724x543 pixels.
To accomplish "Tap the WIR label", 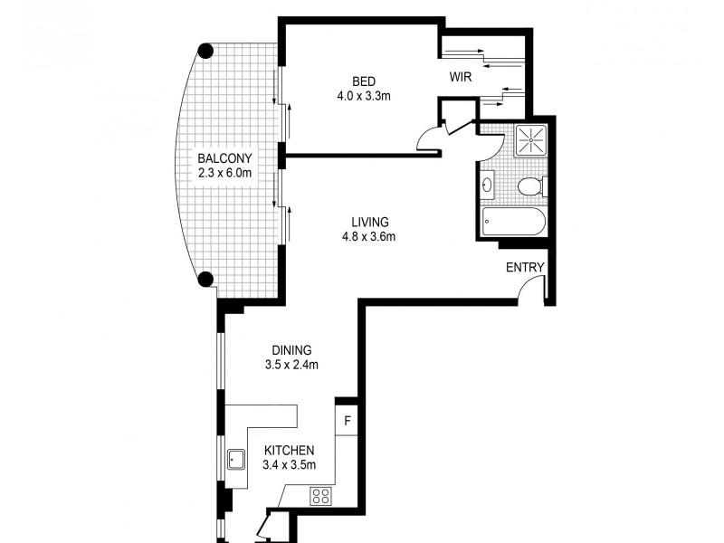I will (461, 77).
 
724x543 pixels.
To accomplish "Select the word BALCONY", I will (224, 157).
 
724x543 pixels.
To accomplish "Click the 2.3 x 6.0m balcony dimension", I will (224, 173).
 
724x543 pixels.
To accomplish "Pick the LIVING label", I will (371, 222).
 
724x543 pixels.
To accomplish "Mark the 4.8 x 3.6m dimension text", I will (371, 237).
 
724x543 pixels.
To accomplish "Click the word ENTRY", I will (525, 267).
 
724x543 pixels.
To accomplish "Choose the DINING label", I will (291, 350).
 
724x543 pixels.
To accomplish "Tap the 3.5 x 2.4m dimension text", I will (291, 366).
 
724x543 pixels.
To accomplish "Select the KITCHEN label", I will (289, 451).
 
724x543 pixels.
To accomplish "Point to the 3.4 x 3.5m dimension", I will (289, 466).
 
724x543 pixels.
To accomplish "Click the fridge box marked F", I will (347, 423).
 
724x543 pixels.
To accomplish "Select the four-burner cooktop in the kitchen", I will (320, 495).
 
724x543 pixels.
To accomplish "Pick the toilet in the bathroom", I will (530, 187).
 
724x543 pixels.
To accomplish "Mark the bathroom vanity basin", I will (488, 186).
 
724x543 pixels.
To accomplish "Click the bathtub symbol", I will (511, 222).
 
